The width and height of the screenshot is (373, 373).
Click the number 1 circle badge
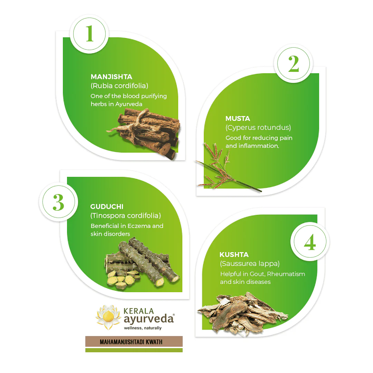89,34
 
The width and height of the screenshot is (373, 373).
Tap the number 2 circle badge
294,64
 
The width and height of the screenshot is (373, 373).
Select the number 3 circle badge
58,202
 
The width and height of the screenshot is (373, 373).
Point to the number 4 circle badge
310,242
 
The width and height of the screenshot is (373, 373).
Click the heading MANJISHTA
111,77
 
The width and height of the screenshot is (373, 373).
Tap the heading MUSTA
238,118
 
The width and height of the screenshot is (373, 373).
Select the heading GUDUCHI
107,207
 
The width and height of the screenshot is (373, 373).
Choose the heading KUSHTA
234,255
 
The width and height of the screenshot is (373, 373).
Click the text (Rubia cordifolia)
119,86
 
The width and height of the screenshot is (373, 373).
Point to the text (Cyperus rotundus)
258,127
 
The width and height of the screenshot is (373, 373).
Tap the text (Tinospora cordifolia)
126,216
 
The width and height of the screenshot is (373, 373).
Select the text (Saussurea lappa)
250,264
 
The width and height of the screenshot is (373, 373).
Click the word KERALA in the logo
139,311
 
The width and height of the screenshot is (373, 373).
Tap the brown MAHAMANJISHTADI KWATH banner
134,341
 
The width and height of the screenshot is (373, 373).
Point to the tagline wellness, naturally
143,328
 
